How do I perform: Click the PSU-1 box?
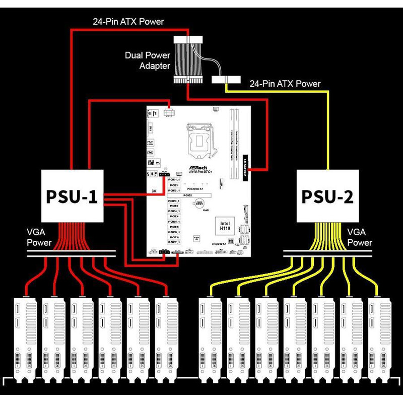coord(73,195)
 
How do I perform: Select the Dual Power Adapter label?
coord(148,60)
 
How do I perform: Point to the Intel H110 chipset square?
coord(225,226)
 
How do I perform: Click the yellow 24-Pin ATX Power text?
coord(285,84)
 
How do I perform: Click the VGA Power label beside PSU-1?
coord(39,238)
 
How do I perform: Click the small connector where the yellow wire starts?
coord(225,80)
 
